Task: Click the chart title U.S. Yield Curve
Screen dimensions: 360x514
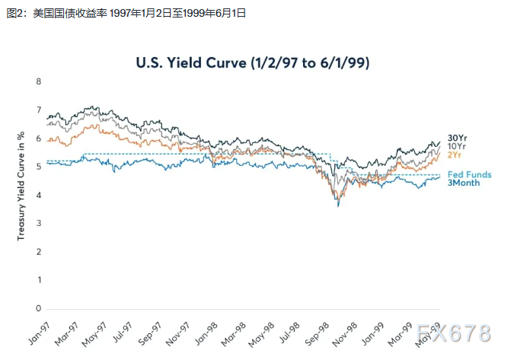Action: pos(252,63)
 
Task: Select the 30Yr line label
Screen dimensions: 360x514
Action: pos(457,138)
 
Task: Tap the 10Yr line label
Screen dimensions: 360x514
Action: pos(457,146)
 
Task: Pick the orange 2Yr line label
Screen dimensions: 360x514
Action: pos(455,155)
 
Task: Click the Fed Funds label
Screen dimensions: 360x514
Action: pos(469,174)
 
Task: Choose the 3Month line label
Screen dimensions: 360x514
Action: pos(463,183)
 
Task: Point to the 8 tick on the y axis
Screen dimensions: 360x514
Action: pos(38,82)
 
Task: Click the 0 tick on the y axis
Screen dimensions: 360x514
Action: pos(38,308)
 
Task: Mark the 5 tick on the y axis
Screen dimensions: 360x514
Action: pos(38,167)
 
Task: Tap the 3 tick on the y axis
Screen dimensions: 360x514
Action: pos(38,224)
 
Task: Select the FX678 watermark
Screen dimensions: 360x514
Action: pos(454,333)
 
